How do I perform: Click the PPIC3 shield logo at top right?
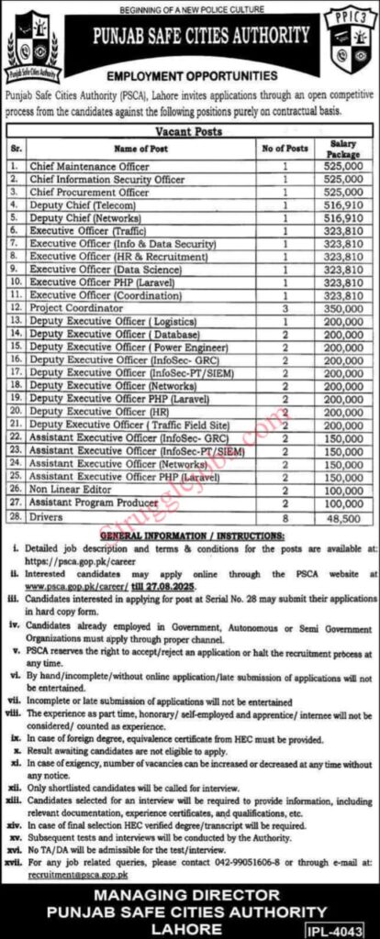point(347,42)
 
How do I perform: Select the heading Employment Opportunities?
point(192,76)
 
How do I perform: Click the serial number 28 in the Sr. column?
point(15,518)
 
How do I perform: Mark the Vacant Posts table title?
point(190,132)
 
